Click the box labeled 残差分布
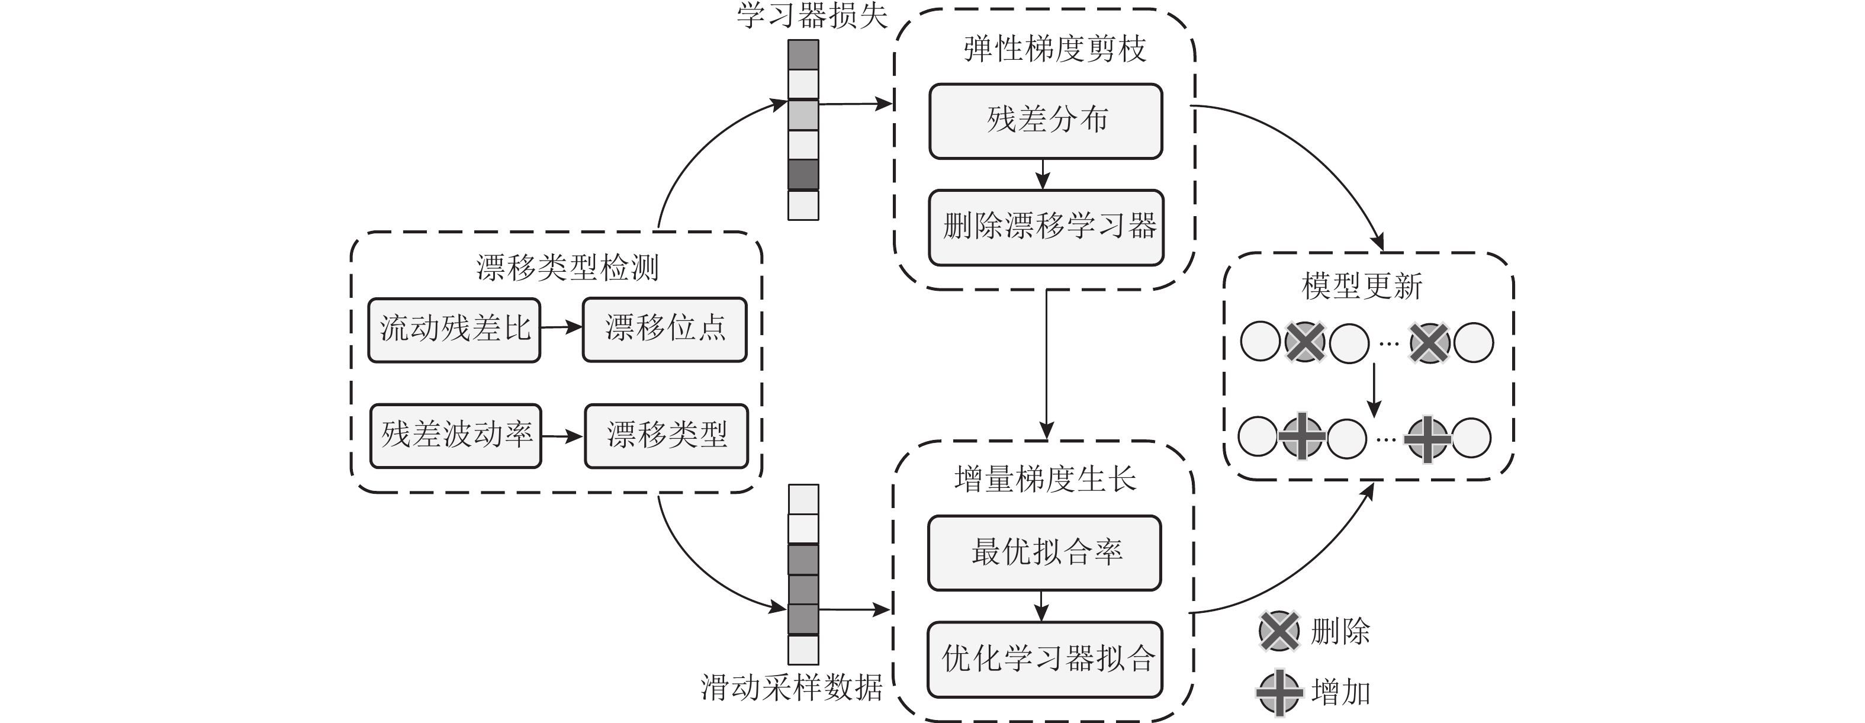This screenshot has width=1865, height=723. pos(1046,121)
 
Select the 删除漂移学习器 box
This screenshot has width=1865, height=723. pos(1046,227)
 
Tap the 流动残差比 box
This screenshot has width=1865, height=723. pos(454,330)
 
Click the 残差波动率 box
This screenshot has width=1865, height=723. pos(455,436)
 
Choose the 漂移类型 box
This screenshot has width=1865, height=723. pos(666,436)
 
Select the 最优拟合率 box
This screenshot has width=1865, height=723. pos(1044,552)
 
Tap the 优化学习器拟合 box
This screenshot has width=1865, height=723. pos(1044,658)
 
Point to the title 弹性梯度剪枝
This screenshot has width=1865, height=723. pos(1054,49)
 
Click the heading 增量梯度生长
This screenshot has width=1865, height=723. pos(1045,479)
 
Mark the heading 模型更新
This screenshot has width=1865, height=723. pos(1361,286)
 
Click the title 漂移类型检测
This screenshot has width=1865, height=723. pos(567,268)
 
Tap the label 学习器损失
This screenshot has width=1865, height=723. pos(812,16)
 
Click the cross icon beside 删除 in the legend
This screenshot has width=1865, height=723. pos(1279,631)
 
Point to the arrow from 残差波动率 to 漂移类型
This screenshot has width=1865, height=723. pos(562,436)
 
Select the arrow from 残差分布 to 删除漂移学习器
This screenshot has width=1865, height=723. pos(1043,175)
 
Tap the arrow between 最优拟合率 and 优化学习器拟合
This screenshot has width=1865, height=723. pos(1041,606)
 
